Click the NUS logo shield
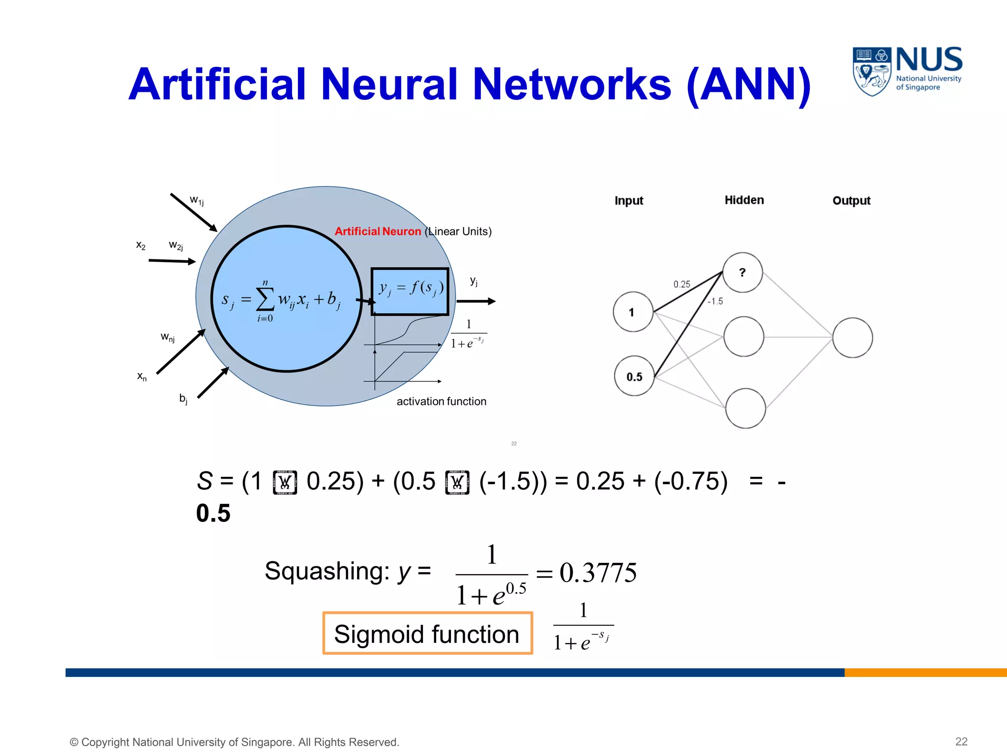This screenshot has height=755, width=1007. pyautogui.click(x=872, y=71)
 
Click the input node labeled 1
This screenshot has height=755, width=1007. pyautogui.click(x=633, y=312)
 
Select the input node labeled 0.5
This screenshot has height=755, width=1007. pyautogui.click(x=634, y=377)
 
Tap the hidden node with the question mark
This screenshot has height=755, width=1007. pyautogui.click(x=742, y=273)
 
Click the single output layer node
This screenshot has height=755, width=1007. pyautogui.click(x=853, y=338)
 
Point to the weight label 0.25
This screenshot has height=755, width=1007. pyautogui.click(x=681, y=285)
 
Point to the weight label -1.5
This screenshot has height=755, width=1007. pyautogui.click(x=715, y=301)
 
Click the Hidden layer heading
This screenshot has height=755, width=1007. pyautogui.click(x=744, y=200)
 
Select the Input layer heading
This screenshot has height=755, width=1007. pyautogui.click(x=628, y=201)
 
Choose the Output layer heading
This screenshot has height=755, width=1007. pyautogui.click(x=851, y=201)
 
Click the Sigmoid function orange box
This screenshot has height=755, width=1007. pyautogui.click(x=427, y=633)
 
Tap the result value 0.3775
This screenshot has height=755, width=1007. pyautogui.click(x=598, y=573)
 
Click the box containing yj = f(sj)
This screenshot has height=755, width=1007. pyautogui.click(x=410, y=291)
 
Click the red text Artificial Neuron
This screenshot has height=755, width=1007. pyautogui.click(x=378, y=232)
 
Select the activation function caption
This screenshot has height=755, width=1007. pyautogui.click(x=441, y=402)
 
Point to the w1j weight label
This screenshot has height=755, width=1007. pyautogui.click(x=197, y=201)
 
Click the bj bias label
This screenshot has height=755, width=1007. pyautogui.click(x=183, y=399)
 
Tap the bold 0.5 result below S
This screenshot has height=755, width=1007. pyautogui.click(x=213, y=513)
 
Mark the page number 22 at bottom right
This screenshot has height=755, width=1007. pyautogui.click(x=961, y=742)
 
